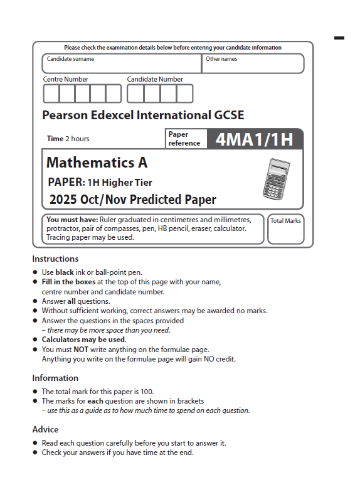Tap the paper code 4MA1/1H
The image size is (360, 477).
pos(254,139)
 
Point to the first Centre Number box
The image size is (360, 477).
pos(51,94)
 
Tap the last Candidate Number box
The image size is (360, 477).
pos(184,94)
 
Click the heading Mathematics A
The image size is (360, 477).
pos(97,163)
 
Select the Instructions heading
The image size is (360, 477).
pos(56,259)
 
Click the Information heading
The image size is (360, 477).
pos(55,378)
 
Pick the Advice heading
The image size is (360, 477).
pos(45,429)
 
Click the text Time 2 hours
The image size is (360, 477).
pos(68,139)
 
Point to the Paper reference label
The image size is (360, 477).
pos(184,139)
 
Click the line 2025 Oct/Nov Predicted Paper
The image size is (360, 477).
pos(132,200)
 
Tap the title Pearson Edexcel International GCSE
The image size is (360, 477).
pos(143,115)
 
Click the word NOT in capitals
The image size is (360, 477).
pos(80,350)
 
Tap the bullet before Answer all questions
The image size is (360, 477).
pos(35,302)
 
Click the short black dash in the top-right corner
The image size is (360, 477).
pos(339,38)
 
